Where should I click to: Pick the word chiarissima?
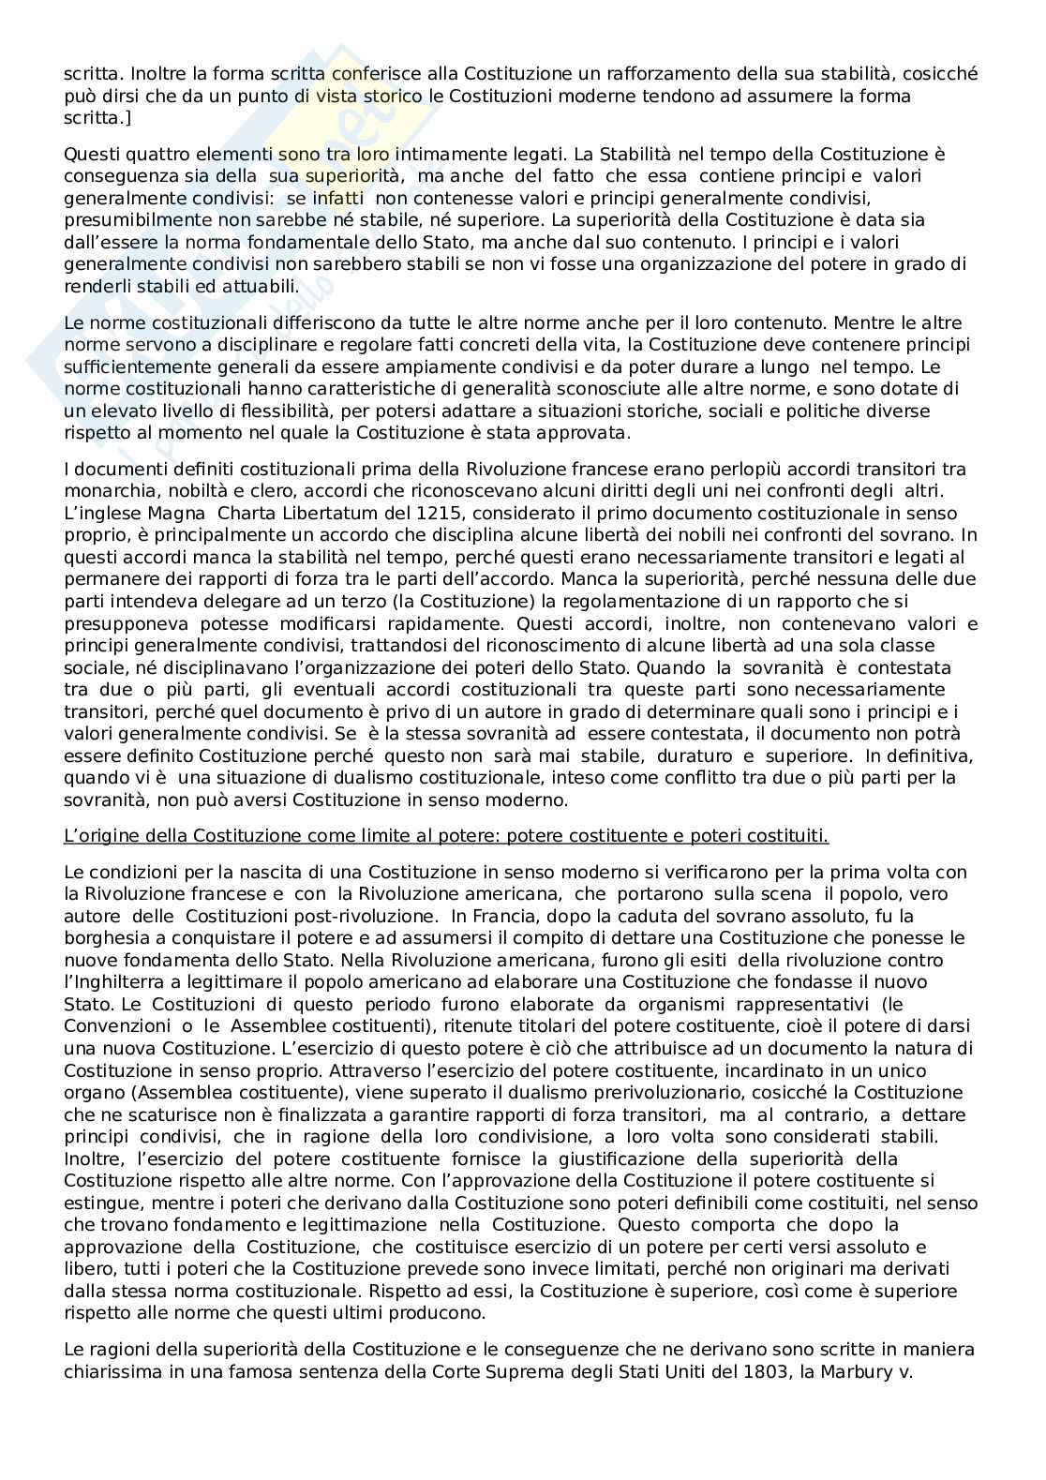114,1372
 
